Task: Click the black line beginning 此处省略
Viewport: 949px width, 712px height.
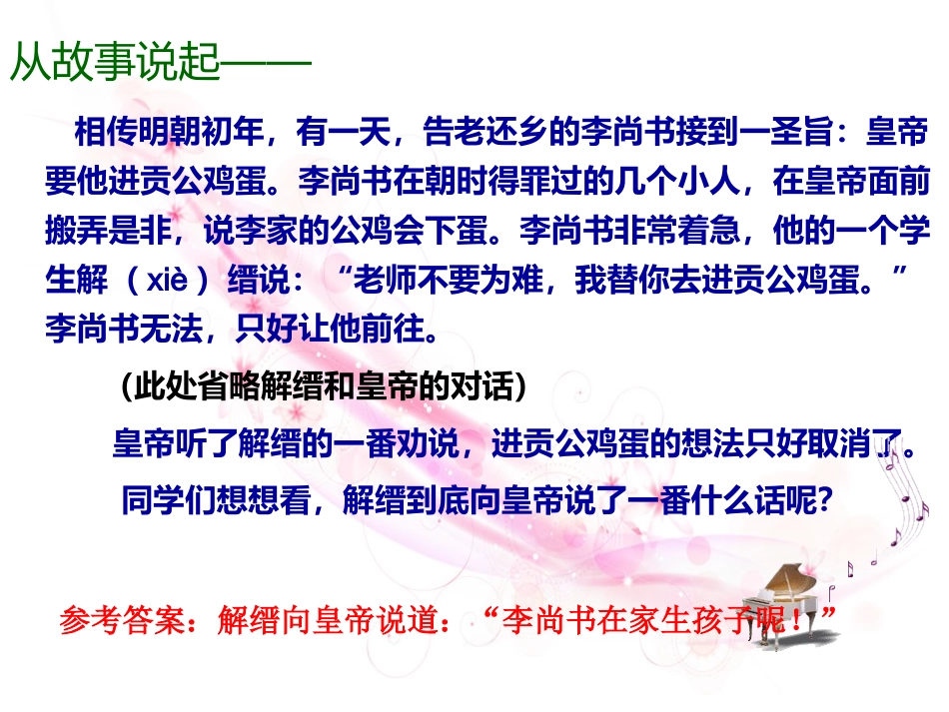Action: [322, 386]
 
